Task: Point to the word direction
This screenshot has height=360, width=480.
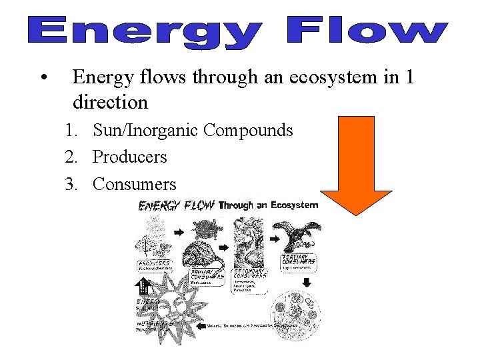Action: pos(110,103)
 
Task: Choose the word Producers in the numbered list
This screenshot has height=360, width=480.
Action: pos(130,157)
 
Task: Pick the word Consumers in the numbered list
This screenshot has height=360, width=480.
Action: pos(135,184)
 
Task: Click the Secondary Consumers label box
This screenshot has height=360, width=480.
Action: pos(250,273)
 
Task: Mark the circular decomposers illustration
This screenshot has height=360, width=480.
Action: pos(295,317)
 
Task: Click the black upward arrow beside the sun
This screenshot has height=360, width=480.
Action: pos(142,287)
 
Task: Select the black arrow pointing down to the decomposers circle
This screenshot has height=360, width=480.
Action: pos(307,282)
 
